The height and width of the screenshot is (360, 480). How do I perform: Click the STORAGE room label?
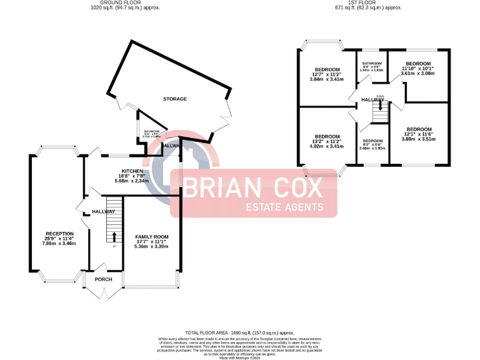coord(175,99)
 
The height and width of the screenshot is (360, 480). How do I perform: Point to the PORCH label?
coord(103,279)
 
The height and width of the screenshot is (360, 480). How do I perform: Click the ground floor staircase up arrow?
coord(114,236)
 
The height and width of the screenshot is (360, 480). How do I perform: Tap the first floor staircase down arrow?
coord(379,106)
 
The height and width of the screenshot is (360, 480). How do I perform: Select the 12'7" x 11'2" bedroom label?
coord(327,69)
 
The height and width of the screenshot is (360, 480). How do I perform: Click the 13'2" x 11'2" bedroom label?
coord(327,137)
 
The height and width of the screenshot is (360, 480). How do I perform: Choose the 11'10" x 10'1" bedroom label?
coord(418,64)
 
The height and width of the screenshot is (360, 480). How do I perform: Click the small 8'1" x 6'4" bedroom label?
coord(372,141)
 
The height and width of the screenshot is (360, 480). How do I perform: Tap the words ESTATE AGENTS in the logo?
coord(284,207)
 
